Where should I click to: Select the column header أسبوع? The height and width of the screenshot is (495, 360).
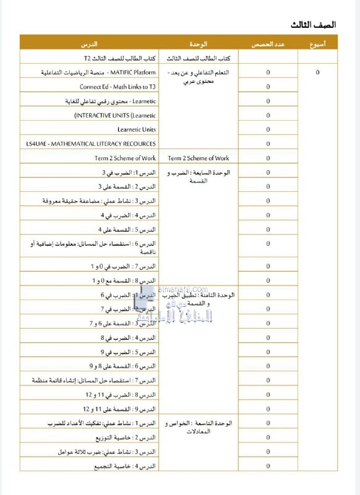click(x=318, y=45)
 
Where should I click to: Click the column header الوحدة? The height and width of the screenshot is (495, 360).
click(x=199, y=45)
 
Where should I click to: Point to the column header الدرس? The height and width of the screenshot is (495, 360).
click(x=89, y=45)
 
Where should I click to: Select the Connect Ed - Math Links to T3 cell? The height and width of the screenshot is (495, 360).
click(x=118, y=87)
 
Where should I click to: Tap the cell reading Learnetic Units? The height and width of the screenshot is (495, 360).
click(x=137, y=129)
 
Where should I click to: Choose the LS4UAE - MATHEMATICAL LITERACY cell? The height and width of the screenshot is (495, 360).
click(x=91, y=144)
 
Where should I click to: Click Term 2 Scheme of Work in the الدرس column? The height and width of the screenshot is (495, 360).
click(x=126, y=158)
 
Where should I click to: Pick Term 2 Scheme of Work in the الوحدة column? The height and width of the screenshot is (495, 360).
click(x=199, y=158)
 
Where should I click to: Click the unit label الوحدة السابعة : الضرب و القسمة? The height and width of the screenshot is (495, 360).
click(x=199, y=177)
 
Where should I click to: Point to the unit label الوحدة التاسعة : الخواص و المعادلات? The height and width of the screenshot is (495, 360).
click(x=199, y=427)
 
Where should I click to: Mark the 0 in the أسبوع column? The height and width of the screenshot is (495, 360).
click(x=318, y=72)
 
